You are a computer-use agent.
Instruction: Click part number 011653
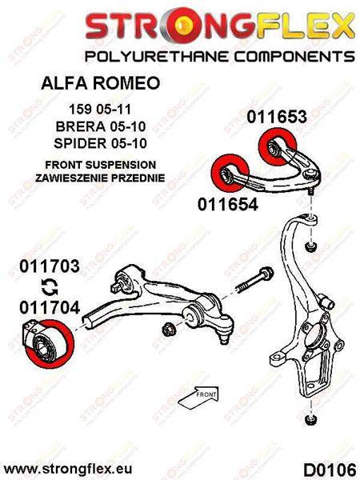277,117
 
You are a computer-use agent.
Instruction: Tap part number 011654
228,204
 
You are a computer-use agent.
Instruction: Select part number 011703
50,266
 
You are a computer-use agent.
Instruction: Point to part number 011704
50,307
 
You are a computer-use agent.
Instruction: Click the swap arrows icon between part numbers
50,287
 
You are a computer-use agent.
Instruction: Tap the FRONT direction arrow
199,398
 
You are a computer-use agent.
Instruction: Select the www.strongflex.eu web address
68,469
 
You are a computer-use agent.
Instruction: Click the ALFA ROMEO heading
101,83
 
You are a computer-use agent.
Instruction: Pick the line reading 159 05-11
100,110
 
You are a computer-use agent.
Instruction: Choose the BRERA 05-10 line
101,126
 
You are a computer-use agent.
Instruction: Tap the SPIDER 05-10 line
101,143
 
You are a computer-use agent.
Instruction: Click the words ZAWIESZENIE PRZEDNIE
100,178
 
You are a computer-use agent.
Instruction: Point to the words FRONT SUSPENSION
101,165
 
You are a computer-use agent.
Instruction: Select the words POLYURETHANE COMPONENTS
219,57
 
